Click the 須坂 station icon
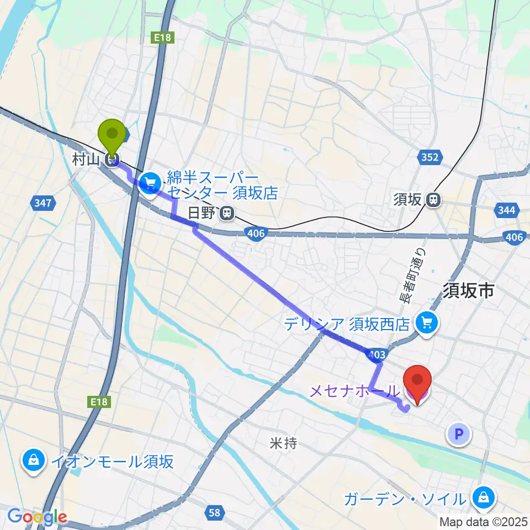pos(435,199)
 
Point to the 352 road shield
pos(430,158)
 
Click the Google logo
pos(37,517)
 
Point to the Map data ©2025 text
pos(484,522)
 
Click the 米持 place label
pos(284,443)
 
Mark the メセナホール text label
pos(353,391)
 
